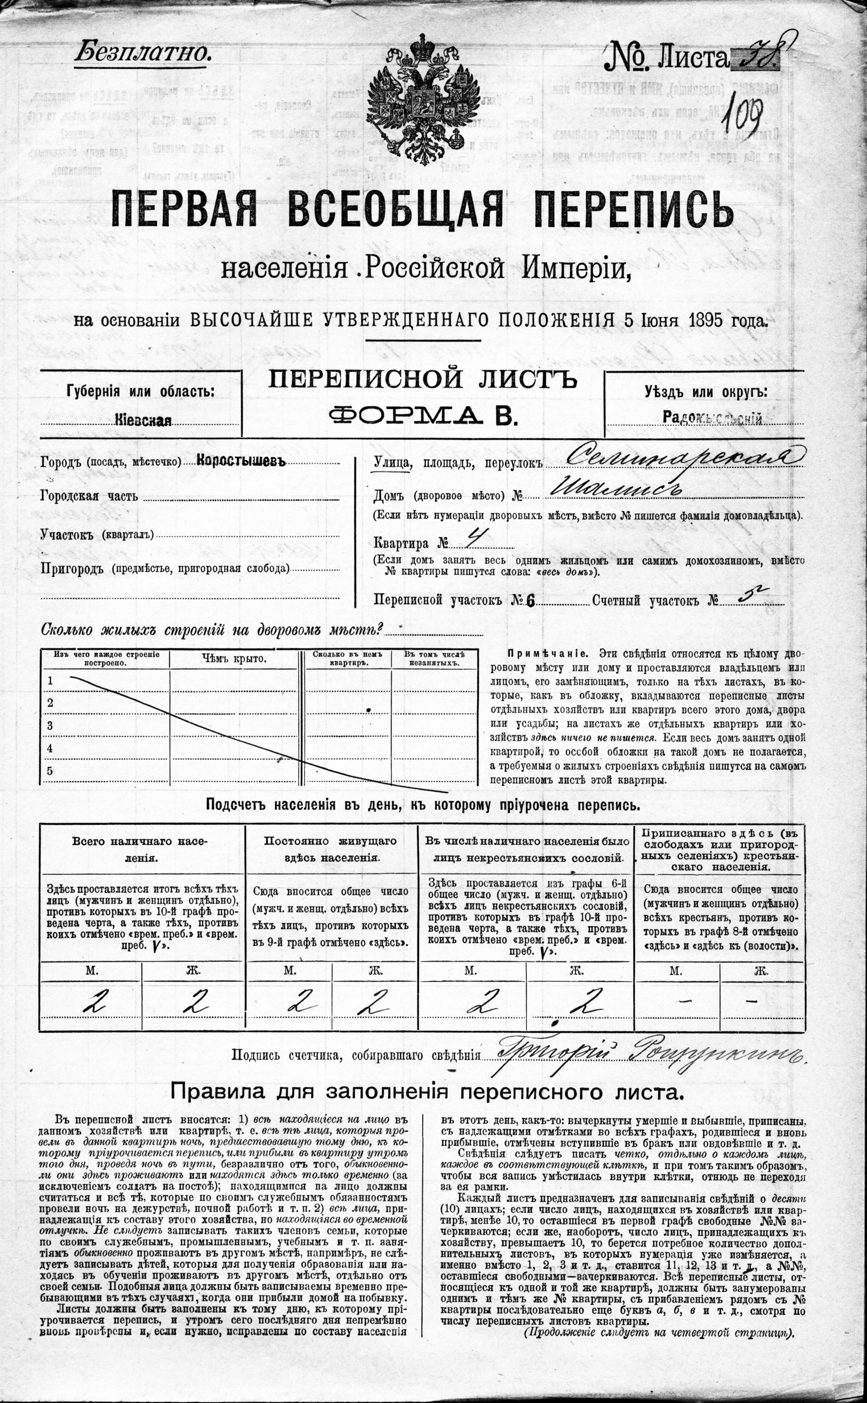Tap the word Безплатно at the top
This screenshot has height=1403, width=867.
[x=143, y=54]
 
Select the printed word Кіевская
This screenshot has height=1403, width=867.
[x=143, y=421]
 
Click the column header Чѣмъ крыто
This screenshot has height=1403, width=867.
[x=234, y=659]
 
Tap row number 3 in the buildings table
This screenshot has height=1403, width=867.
[x=51, y=726]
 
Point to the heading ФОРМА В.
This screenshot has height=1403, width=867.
[x=423, y=414]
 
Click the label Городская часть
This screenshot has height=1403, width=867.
[x=89, y=496]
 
